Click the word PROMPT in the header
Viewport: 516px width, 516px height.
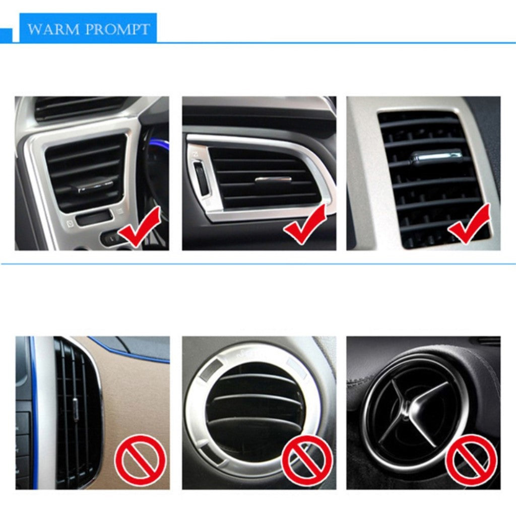point(117,29)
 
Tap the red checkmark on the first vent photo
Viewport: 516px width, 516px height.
point(140,226)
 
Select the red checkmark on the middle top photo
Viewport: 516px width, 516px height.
point(305,224)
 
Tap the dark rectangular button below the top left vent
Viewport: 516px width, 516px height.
point(93,218)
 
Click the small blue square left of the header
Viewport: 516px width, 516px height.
point(6,36)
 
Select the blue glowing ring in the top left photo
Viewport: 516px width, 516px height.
point(155,145)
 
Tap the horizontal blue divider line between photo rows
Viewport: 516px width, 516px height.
point(258,264)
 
